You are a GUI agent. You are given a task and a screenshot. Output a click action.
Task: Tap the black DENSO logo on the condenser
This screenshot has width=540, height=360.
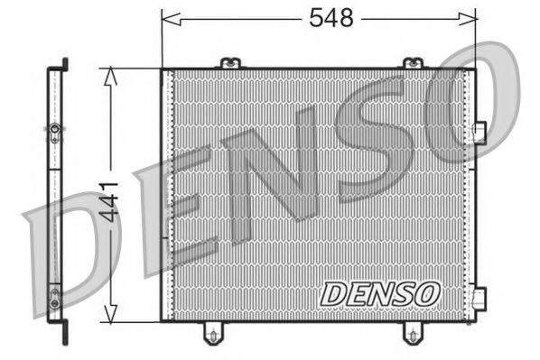pyautogui.click(x=380, y=292)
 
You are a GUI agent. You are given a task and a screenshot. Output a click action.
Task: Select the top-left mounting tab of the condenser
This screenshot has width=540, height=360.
pyautogui.click(x=230, y=62)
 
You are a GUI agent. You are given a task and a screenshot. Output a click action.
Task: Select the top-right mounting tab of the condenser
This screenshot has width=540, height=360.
pyautogui.click(x=412, y=62)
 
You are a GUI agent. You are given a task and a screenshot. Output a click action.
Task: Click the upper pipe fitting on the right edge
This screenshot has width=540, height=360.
pyautogui.click(x=479, y=132)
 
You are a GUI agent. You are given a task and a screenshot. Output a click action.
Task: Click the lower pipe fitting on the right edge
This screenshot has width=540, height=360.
pyautogui.click(x=479, y=296)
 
